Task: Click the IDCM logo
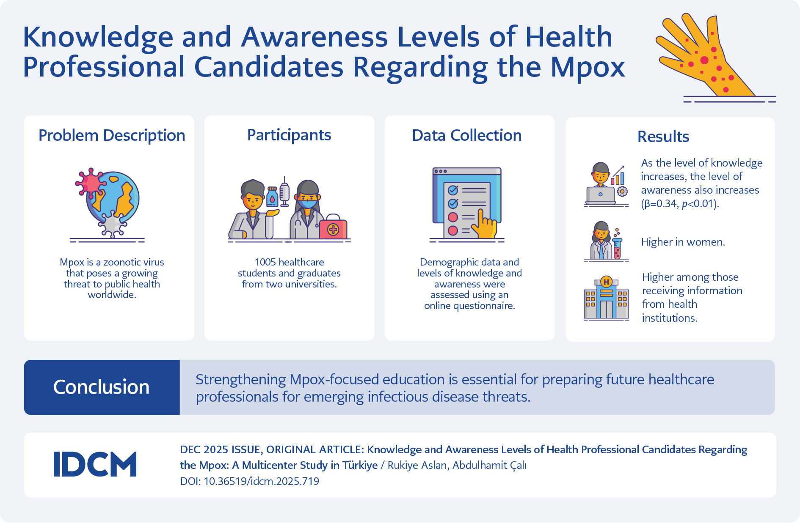[x=95, y=464]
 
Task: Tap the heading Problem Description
[x=112, y=136]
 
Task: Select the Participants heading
[x=289, y=135]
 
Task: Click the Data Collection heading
[x=467, y=135]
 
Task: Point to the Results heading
[x=663, y=137]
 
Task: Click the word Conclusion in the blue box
[x=101, y=387]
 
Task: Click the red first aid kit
[x=333, y=227]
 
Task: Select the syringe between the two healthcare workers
[x=284, y=192]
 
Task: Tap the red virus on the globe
[x=90, y=183]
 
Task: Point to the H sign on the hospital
[x=606, y=282]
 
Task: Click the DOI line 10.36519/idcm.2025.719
[x=250, y=481]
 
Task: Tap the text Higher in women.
[x=683, y=242]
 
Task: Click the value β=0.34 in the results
[x=660, y=204]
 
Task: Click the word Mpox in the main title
[x=588, y=67]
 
